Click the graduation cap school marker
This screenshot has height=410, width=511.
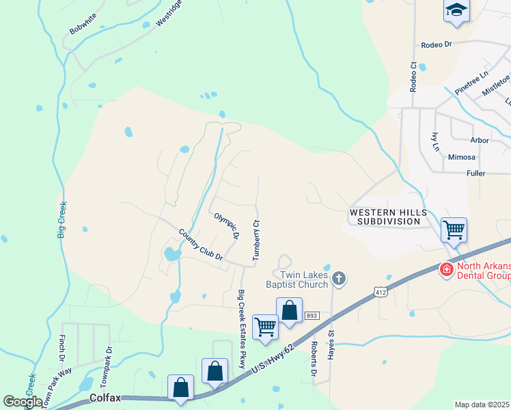click(456, 11)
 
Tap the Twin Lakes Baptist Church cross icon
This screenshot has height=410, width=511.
click(338, 278)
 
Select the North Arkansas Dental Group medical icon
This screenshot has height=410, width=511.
click(446, 270)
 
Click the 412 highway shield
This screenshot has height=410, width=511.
click(380, 291)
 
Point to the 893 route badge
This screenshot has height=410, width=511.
click(312, 315)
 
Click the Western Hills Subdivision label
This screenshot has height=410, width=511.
click(385, 217)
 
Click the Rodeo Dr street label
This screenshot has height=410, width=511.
click(437, 44)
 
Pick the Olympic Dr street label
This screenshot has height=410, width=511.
click(226, 225)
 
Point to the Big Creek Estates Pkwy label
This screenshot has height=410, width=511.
click(241, 329)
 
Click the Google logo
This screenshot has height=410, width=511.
click(23, 402)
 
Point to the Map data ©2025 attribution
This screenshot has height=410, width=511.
click(482, 405)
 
